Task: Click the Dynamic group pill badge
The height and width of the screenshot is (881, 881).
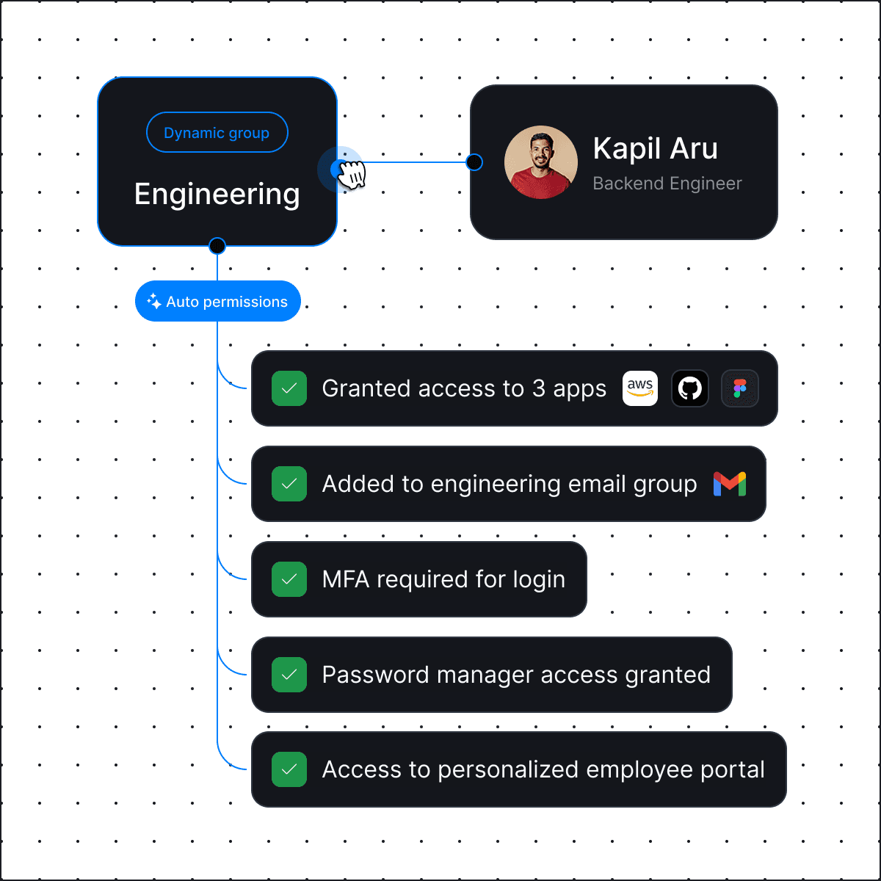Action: pos(217,133)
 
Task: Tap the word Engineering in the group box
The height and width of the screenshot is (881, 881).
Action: pos(217,195)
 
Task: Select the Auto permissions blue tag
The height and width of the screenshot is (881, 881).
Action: pos(218,301)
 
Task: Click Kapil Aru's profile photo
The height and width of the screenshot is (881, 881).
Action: pos(541,162)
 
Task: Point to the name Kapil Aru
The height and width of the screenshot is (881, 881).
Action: pos(655,148)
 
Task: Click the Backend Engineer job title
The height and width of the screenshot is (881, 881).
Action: pos(667,184)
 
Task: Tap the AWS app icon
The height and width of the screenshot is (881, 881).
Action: pos(640,388)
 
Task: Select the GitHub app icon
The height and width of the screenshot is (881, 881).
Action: pos(690,388)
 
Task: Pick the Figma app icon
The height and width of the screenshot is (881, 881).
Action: pos(739,388)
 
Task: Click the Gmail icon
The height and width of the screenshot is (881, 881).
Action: pos(730,484)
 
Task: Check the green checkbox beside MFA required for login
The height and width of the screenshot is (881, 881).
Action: pos(289,579)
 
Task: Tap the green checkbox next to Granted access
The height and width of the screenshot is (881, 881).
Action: pos(289,388)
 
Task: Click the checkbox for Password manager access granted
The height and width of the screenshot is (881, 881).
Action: pos(289,675)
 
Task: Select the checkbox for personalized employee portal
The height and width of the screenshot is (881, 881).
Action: pos(289,769)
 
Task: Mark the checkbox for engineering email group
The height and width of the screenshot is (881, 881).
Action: pos(289,484)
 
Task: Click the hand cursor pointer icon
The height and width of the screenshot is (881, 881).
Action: pos(352,174)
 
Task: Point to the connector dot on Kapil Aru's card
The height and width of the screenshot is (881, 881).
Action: pos(475,162)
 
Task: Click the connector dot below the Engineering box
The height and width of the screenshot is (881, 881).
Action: pos(217,246)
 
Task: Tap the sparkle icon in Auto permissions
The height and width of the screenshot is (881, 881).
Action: pos(154,301)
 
